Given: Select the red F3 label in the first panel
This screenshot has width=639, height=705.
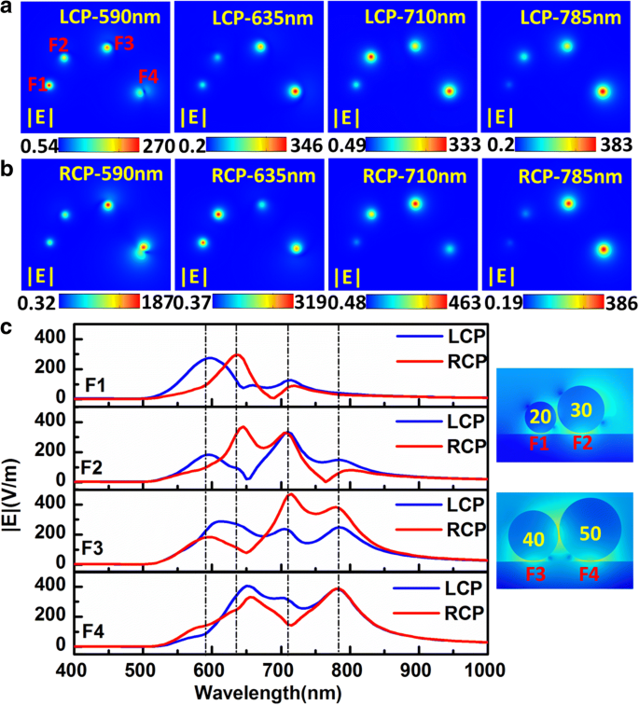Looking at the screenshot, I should tap(124, 43).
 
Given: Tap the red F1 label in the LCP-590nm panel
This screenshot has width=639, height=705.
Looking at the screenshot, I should tap(37, 84).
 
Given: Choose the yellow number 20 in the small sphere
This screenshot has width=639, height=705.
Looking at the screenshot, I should tap(540, 417).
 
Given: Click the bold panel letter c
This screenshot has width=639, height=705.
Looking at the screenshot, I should tap(8, 326).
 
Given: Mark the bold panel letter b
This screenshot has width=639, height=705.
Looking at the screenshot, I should tap(8, 168).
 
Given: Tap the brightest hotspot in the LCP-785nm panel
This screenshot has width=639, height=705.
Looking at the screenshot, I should tap(603, 91).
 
